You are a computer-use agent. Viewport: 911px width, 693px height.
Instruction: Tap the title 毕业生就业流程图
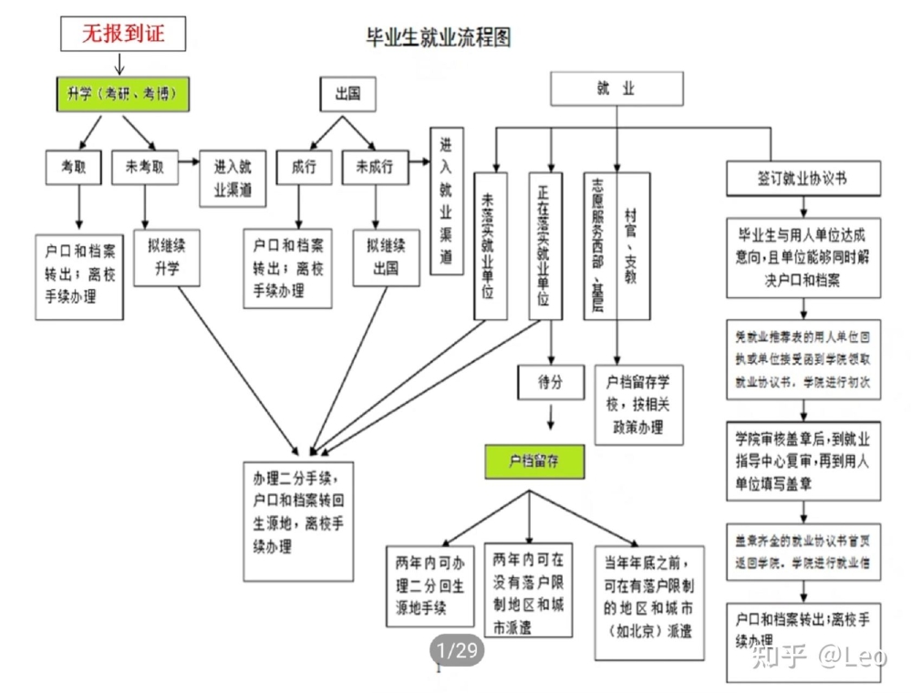tap(438, 37)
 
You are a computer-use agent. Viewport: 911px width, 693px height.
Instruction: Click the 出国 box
tap(347, 94)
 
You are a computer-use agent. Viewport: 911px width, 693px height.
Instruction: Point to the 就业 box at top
tap(616, 89)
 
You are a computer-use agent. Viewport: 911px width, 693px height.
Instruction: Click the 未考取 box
tap(144, 168)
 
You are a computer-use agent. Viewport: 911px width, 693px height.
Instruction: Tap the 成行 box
tap(304, 168)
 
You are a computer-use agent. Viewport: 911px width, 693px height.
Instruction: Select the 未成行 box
tap(374, 168)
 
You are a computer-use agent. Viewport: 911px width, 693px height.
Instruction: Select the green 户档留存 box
tap(533, 462)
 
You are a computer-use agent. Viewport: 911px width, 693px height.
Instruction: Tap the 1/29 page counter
tap(457, 650)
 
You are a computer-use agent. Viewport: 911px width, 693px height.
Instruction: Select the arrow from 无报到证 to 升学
tap(119, 65)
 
